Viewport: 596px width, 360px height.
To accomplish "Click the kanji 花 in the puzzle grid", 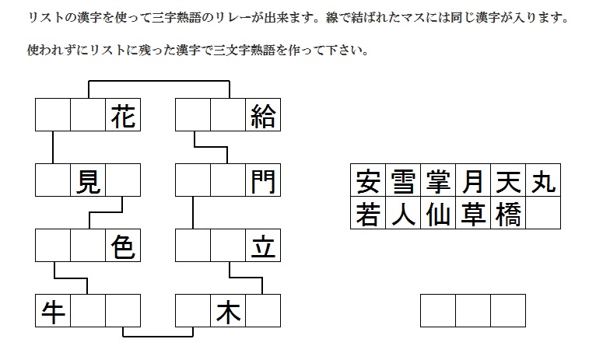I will (x=123, y=116).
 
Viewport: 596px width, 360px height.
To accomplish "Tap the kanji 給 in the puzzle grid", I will (x=263, y=116).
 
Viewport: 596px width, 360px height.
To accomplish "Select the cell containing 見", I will (x=88, y=182).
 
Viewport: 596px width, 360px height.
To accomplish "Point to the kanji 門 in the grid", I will (x=263, y=182).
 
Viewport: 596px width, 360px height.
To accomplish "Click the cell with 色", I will (x=123, y=247).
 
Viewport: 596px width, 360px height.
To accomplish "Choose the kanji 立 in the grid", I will (x=263, y=247).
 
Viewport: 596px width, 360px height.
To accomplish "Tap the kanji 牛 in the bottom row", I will (x=53, y=313).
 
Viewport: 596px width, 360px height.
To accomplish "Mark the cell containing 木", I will (x=228, y=313).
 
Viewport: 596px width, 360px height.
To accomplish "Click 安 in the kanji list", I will (x=367, y=182).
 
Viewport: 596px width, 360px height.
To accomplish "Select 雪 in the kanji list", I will (x=403, y=182).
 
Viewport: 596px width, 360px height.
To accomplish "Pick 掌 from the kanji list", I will (x=438, y=182).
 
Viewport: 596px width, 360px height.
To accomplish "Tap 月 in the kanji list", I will (x=473, y=182).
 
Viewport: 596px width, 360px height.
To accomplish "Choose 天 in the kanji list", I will (x=508, y=182).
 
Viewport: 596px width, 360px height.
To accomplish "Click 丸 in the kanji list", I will (x=543, y=182).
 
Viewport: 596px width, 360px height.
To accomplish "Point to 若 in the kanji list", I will (x=367, y=214).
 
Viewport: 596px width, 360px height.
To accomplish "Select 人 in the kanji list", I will (x=403, y=214).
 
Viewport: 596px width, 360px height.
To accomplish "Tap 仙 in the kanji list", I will (x=438, y=214).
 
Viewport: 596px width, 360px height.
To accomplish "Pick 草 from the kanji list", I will (x=473, y=214).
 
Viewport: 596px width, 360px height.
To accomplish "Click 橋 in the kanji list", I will (x=508, y=214).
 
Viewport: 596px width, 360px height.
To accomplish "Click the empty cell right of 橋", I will (x=543, y=214).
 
